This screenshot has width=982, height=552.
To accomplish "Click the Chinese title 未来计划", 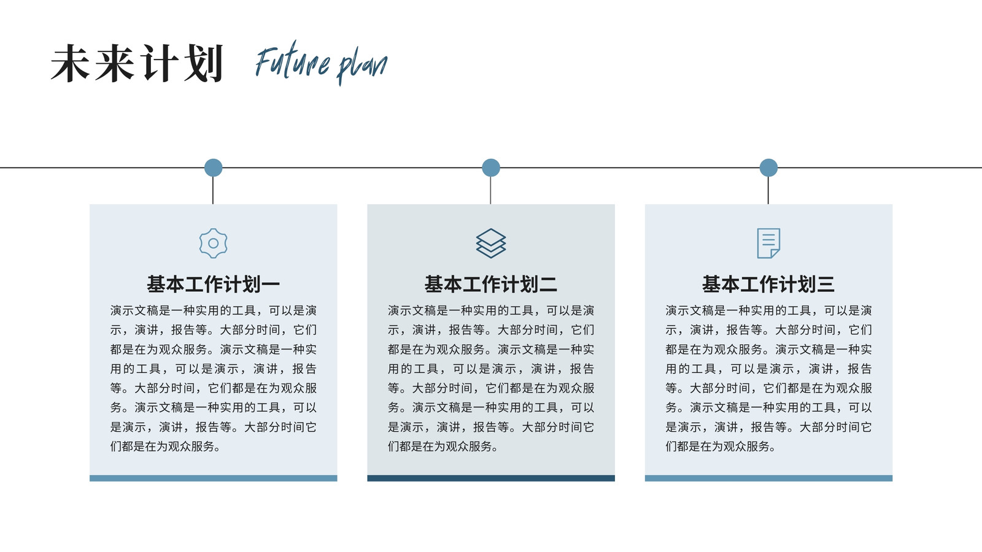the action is (x=137, y=63).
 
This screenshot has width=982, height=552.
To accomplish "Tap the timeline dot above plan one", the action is (x=213, y=167).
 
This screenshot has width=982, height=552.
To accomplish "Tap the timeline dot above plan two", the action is (x=490, y=167).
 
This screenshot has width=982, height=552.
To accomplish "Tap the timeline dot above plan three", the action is (x=768, y=167).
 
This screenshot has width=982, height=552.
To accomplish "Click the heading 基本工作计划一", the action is (x=213, y=285).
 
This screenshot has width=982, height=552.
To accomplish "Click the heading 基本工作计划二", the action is (x=490, y=285).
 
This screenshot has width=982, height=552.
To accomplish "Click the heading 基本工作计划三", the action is (x=768, y=285).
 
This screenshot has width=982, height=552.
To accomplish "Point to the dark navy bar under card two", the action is (x=490, y=478).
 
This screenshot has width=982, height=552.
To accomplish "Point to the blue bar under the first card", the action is (x=213, y=478).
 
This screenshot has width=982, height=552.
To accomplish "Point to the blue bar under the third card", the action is (x=768, y=478).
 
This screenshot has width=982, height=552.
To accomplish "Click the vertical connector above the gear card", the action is (x=212, y=190).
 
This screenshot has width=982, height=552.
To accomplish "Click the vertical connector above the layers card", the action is (x=490, y=190).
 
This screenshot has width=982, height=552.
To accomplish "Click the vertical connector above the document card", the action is (x=768, y=190).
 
